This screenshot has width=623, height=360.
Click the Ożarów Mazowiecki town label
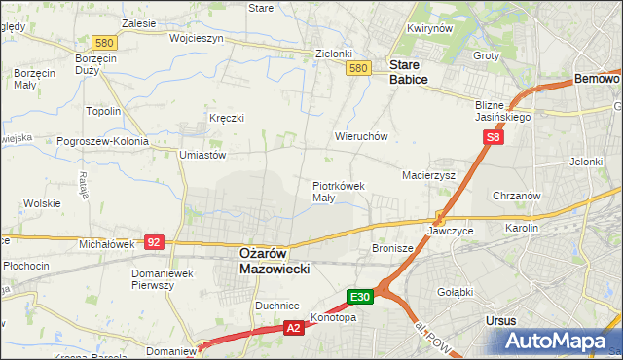click(275, 260)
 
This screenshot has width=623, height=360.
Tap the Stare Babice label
click(408, 73)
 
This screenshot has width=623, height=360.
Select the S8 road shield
click(494, 138)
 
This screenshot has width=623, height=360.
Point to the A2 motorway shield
click(293, 329)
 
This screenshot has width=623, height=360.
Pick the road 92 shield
click(154, 240)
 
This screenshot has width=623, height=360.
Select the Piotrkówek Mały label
click(338, 191)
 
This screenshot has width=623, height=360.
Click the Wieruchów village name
click(361, 137)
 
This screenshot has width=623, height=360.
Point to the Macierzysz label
click(429, 175)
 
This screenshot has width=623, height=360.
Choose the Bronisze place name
click(393, 248)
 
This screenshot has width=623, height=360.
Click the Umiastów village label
click(202, 154)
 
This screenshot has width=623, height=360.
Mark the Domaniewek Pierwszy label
click(165, 279)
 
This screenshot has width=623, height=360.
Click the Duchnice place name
click(276, 306)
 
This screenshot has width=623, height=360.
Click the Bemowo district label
click(597, 78)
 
